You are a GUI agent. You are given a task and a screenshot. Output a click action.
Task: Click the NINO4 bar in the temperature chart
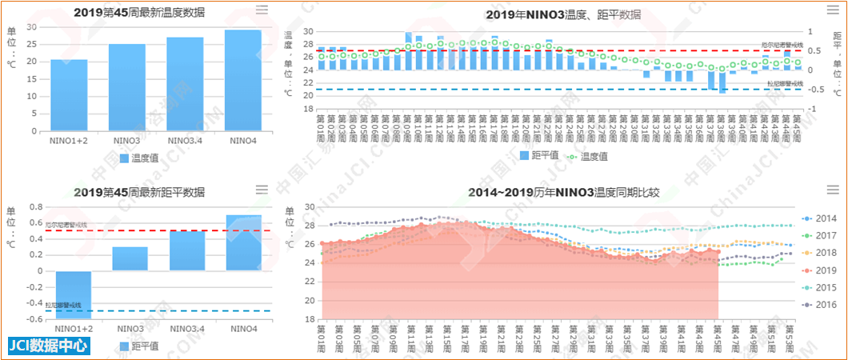[x=243, y=80]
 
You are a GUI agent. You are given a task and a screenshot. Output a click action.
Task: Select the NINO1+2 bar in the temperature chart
[x=69, y=95]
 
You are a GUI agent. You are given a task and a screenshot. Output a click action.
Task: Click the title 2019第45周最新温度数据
[x=139, y=12]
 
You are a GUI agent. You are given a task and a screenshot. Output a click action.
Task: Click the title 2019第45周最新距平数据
[x=139, y=192]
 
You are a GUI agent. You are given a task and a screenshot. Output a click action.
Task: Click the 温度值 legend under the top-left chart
[x=140, y=158]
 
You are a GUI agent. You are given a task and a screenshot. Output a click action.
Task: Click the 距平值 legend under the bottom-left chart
[x=140, y=346]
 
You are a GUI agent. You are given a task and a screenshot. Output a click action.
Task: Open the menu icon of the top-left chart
[x=262, y=10]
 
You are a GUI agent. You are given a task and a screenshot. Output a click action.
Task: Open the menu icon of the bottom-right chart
[x=832, y=190]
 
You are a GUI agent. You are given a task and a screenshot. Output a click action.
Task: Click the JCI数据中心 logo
[x=48, y=346]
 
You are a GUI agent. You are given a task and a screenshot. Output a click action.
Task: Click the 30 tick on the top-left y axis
[x=32, y=27]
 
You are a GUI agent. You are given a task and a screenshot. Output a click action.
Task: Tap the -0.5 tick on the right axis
[x=834, y=88]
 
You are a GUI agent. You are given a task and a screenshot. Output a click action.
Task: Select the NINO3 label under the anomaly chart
[x=130, y=328]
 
